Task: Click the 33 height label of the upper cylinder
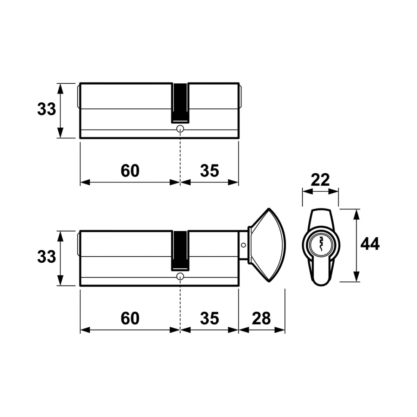(x=47, y=109)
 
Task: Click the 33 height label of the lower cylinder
(x=47, y=257)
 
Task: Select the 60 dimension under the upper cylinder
(x=130, y=171)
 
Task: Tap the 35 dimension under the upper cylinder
(x=209, y=171)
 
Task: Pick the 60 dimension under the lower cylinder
(x=130, y=318)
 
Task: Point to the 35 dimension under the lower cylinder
(x=209, y=318)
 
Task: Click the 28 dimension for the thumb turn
(x=262, y=318)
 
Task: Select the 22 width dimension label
(x=320, y=180)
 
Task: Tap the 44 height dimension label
(x=370, y=244)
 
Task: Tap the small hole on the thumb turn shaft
(x=243, y=245)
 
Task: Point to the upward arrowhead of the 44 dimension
(x=356, y=214)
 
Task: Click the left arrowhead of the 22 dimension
(x=308, y=191)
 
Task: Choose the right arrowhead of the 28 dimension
(x=279, y=330)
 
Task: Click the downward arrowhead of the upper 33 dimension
(x=61, y=133)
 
